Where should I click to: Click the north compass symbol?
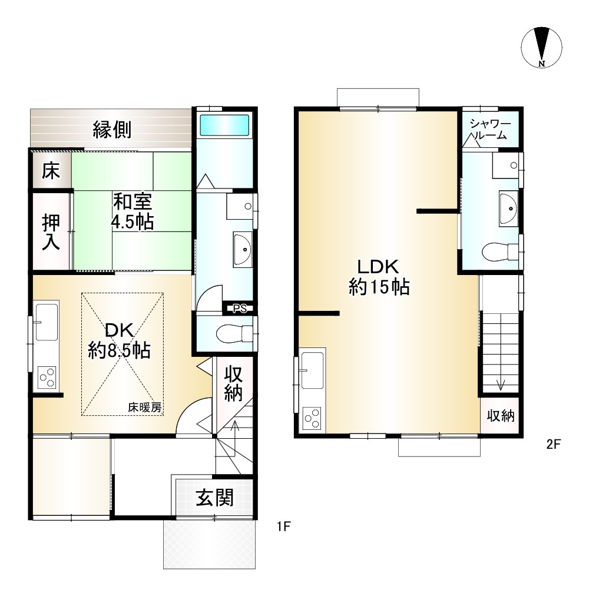pyautogui.click(x=541, y=48)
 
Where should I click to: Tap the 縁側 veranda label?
pyautogui.click(x=112, y=130)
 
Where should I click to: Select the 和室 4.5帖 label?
pyautogui.click(x=133, y=211)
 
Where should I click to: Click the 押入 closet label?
pyautogui.click(x=51, y=232)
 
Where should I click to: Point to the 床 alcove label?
pyautogui.click(x=51, y=170)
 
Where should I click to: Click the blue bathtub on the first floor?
pyautogui.click(x=224, y=124)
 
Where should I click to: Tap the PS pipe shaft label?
pyautogui.click(x=240, y=309)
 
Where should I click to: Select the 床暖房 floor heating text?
pyautogui.click(x=145, y=408)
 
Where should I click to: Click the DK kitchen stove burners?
pyautogui.click(x=47, y=378)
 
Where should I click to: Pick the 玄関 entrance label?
pyautogui.click(x=214, y=497)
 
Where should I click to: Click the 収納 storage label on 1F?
pyautogui.click(x=233, y=383)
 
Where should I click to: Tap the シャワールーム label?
pyautogui.click(x=490, y=129)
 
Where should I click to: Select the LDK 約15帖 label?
pyautogui.click(x=379, y=277)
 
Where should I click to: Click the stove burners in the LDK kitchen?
pyautogui.click(x=312, y=418)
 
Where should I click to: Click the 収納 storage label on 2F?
pyautogui.click(x=501, y=415)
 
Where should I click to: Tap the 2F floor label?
pyautogui.click(x=554, y=444)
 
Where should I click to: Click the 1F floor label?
pyautogui.click(x=284, y=527)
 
